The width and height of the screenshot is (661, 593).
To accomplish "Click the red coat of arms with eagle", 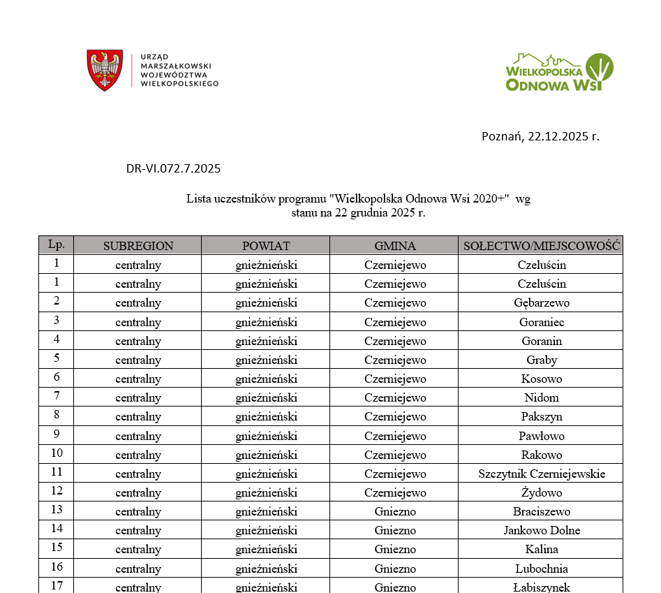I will pyautogui.click(x=105, y=70).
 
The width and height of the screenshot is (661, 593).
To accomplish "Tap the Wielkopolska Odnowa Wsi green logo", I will pyautogui.click(x=559, y=72).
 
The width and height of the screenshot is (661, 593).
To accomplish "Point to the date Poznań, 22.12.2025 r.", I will pyautogui.click(x=540, y=136).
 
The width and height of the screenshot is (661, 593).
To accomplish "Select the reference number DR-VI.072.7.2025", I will pyautogui.click(x=173, y=168).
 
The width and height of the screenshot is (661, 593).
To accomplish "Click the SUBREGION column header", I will pyautogui.click(x=138, y=246).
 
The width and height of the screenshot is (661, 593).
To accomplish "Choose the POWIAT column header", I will pyautogui.click(x=266, y=246).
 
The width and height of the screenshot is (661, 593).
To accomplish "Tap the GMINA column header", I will pyautogui.click(x=394, y=246).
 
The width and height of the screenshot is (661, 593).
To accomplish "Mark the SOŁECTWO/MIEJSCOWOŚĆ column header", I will pyautogui.click(x=542, y=246).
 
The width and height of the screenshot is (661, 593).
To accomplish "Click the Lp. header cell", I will pyautogui.click(x=57, y=244).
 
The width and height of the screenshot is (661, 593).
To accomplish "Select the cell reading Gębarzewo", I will pyautogui.click(x=542, y=303).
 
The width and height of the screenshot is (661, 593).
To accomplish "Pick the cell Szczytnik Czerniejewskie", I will pyautogui.click(x=542, y=474).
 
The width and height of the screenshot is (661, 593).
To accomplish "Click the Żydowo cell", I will pyautogui.click(x=542, y=493).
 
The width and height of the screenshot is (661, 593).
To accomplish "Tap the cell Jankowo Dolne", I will pyautogui.click(x=542, y=531).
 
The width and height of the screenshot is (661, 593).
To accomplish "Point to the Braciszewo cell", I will pyautogui.click(x=542, y=512).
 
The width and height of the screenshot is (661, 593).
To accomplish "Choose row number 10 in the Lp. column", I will pyautogui.click(x=57, y=455).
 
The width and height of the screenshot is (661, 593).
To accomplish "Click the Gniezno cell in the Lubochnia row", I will pyautogui.click(x=394, y=569).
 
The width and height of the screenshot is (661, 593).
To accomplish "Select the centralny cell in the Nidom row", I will pyautogui.click(x=138, y=398).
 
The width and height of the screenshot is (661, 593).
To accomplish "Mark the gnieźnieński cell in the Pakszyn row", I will pyautogui.click(x=266, y=417).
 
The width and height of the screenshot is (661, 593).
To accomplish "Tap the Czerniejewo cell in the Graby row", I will pyautogui.click(x=394, y=360).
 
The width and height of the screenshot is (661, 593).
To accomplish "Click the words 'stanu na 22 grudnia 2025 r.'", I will pyautogui.click(x=358, y=213).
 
